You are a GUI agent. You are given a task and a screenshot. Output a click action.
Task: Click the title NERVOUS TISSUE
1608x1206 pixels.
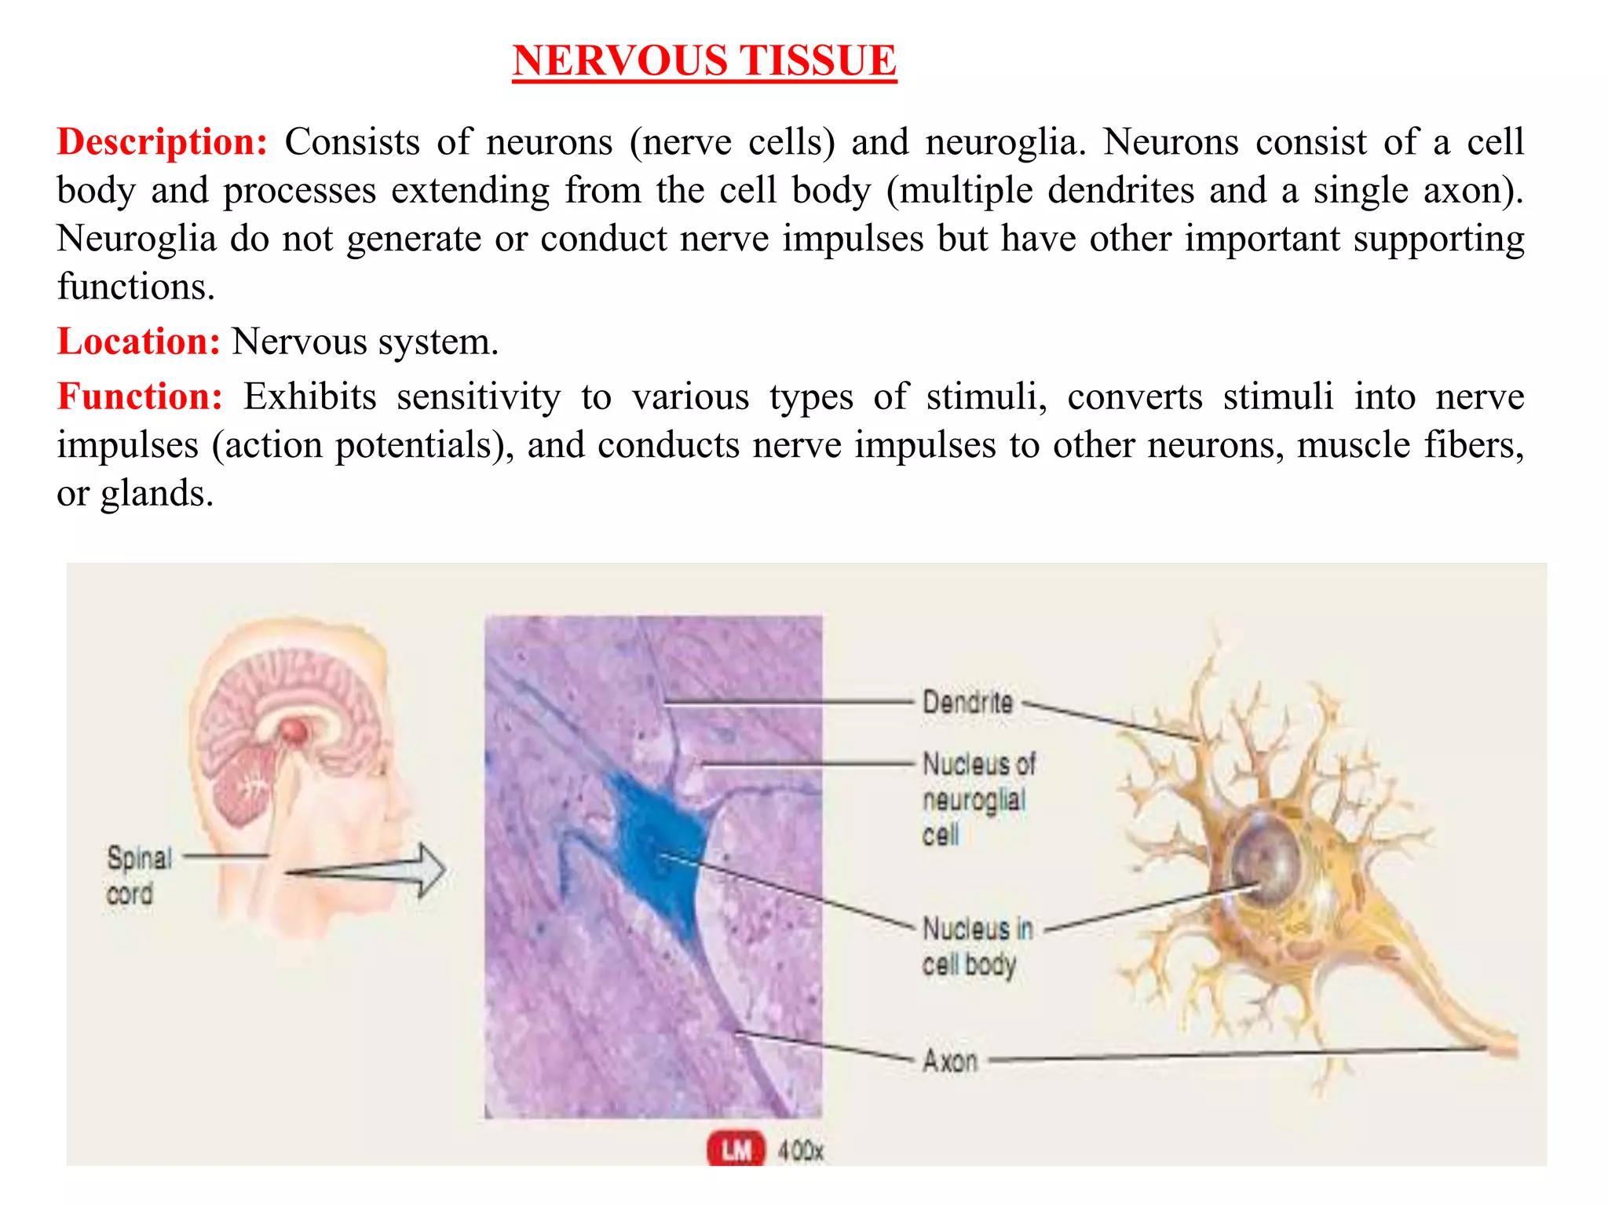(x=704, y=60)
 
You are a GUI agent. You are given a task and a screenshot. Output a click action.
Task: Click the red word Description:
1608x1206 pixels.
(x=163, y=142)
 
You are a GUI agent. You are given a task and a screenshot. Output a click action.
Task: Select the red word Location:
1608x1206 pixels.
(x=139, y=342)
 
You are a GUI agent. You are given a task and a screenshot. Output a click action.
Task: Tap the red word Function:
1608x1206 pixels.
(x=141, y=397)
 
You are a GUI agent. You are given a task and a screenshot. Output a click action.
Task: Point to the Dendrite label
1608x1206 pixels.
(x=967, y=702)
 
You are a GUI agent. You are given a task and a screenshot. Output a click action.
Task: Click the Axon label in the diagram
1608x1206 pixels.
(x=950, y=1061)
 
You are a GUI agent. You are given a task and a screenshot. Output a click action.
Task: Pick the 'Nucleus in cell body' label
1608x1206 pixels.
(x=976, y=946)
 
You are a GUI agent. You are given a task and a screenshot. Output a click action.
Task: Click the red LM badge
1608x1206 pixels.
(x=735, y=1150)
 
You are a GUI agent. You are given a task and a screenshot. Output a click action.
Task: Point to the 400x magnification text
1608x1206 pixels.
(x=800, y=1151)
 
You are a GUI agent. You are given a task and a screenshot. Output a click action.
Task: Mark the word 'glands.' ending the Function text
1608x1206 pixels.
(x=157, y=494)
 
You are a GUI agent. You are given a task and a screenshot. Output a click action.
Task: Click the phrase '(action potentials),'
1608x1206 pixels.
(x=363, y=445)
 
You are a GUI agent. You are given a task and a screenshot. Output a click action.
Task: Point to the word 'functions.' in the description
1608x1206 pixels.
(x=136, y=287)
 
